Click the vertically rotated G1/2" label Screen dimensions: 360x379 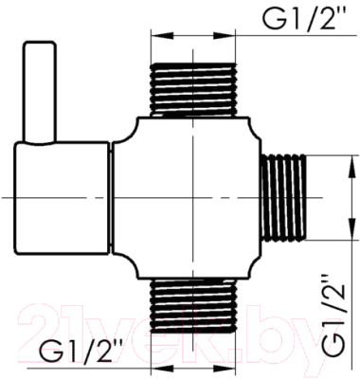tap(333, 315)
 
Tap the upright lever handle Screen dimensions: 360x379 tap(40, 92)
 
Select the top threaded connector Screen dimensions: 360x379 tap(193, 90)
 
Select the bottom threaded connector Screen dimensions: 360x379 tap(193, 306)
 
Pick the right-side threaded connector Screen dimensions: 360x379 tap(283, 198)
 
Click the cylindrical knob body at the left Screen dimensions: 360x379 tap(63, 198)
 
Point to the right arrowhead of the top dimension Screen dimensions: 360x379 tap(225, 36)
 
